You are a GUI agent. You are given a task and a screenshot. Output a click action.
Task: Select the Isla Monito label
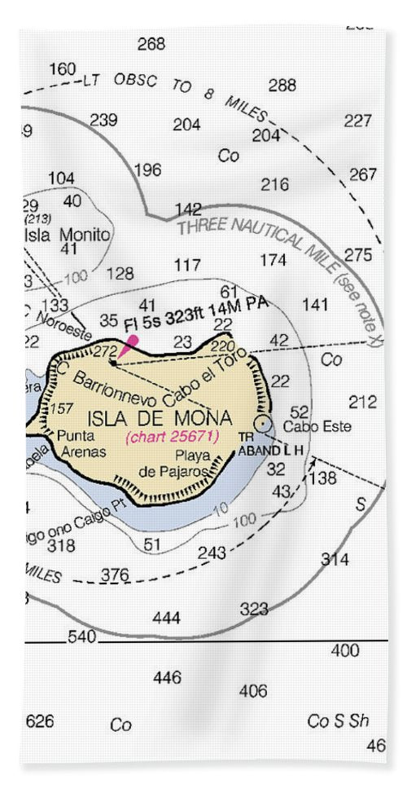pyautogui.click(x=68, y=235)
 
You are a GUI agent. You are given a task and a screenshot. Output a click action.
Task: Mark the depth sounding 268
pyautogui.click(x=151, y=44)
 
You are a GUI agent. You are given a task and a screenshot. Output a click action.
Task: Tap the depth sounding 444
pyautogui.click(x=166, y=619)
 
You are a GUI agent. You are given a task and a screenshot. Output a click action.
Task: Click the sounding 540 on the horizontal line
pyautogui.click(x=81, y=636)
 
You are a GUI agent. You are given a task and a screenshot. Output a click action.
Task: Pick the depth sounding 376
pyautogui.click(x=115, y=575)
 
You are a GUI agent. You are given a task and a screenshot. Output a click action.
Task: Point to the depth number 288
pyautogui.click(x=282, y=85)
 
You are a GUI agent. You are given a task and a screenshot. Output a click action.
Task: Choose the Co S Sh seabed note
pyautogui.click(x=338, y=721)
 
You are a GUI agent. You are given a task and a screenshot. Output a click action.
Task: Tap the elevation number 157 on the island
pyautogui.click(x=61, y=408)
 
